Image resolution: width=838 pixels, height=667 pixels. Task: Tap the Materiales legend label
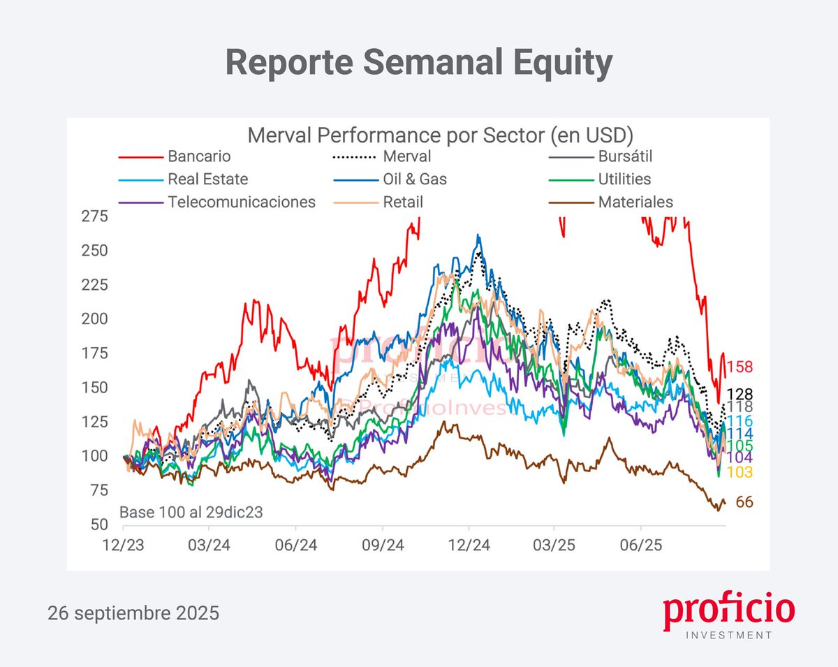coord(635,203)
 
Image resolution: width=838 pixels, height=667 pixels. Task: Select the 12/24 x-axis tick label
coord(468,544)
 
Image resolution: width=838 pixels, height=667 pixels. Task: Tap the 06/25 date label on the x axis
coord(641,544)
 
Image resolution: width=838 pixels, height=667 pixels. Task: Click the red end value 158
coord(740,367)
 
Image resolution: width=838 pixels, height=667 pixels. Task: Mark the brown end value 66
coord(744,502)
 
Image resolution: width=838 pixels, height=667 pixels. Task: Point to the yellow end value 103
coord(740,473)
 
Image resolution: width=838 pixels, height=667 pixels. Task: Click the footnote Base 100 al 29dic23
coord(191,512)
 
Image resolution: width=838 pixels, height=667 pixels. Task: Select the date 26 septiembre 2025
coord(133,614)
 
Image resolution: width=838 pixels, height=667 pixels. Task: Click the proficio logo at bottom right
coord(728,610)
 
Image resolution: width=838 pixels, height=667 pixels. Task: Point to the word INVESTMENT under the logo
coord(730,636)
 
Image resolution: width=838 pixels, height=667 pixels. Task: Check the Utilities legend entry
coord(624,179)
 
